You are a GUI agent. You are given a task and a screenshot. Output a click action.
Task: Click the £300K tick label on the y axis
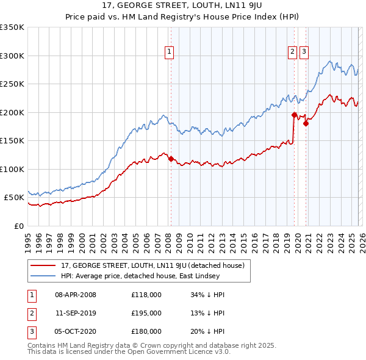pos(12,56)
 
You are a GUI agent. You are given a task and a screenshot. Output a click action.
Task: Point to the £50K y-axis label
pos(14,198)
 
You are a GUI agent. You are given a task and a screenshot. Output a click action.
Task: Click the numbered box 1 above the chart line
pos(168,52)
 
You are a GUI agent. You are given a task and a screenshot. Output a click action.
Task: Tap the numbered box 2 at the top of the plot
pos(293,52)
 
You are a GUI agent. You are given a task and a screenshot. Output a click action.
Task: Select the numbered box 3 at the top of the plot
pos(304,52)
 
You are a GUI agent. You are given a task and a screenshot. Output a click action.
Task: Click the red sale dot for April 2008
pos(171,159)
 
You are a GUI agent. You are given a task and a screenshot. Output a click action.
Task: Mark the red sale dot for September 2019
pos(294,115)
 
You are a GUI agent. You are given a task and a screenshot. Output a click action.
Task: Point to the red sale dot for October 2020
pos(306,123)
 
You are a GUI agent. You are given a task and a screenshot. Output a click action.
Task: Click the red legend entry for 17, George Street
pos(152,265)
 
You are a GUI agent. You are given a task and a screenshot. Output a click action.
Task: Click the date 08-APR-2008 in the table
pos(76,295)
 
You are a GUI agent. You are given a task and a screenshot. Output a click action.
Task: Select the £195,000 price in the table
pos(146,313)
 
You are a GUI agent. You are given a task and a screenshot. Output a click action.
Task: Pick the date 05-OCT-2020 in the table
pos(76,331)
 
